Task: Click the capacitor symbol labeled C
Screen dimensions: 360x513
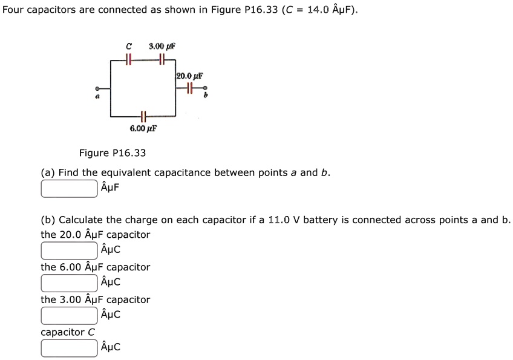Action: coord(128,59)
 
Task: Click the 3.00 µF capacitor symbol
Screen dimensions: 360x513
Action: coord(162,59)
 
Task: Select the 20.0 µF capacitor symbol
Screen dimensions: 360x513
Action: coord(189,88)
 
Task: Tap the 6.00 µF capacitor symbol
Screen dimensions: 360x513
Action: coord(143,116)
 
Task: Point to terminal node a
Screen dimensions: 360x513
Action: coord(97,88)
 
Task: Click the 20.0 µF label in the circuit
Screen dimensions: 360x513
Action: coord(189,76)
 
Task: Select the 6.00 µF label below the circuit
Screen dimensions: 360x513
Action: coord(143,128)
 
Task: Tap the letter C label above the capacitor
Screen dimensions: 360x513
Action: coord(128,46)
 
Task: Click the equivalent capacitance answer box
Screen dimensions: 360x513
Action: coord(69,188)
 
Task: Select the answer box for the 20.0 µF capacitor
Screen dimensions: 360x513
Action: coord(69,250)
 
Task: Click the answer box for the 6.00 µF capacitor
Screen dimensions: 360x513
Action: coord(69,283)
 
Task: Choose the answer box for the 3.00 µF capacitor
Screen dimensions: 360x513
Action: coord(69,315)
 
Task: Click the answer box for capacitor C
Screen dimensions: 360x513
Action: coord(69,348)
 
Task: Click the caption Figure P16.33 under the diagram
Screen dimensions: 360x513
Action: coord(113,153)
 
